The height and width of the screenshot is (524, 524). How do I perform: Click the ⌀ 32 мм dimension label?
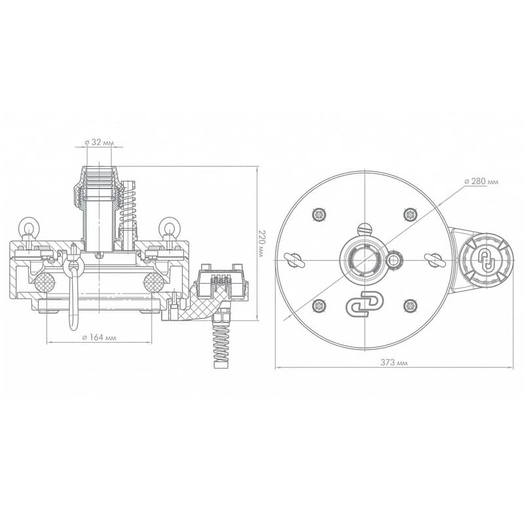[x=100, y=142]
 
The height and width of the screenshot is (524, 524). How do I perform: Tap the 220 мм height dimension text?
[x=261, y=243]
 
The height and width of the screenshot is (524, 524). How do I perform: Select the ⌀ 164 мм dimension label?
[x=100, y=337]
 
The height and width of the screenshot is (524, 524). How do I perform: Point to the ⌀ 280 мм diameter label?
[x=481, y=181]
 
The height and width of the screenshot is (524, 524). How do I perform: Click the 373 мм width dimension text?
[x=394, y=362]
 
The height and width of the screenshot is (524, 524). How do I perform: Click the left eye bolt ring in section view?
[x=29, y=227]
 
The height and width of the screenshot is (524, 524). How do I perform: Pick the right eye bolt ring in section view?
[x=170, y=227]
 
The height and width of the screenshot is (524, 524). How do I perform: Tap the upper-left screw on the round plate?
[x=319, y=214]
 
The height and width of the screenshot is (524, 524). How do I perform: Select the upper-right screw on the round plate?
[x=410, y=214]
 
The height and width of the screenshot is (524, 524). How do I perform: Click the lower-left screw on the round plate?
[x=319, y=306]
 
